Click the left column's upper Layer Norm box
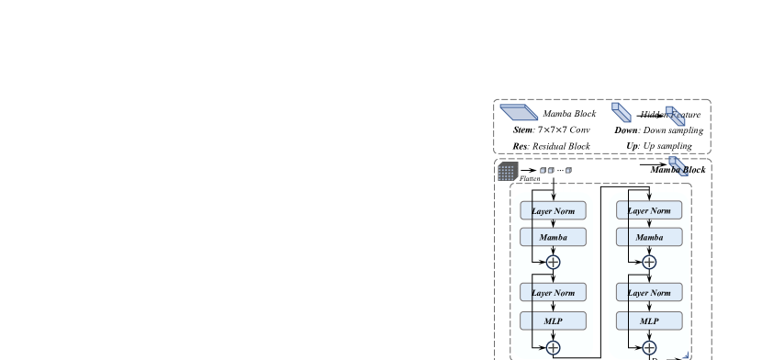553,210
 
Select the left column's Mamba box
553,237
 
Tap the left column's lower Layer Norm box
553,293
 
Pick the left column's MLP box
553,321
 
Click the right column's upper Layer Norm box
649,210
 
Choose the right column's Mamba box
649,237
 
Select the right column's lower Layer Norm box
649,293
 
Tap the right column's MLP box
649,321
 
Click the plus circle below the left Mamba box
553,262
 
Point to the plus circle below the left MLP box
553,347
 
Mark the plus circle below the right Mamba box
649,262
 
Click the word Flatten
530,179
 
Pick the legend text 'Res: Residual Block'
552,146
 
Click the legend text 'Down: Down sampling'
659,130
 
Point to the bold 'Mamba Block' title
678,170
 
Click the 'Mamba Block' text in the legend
569,114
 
